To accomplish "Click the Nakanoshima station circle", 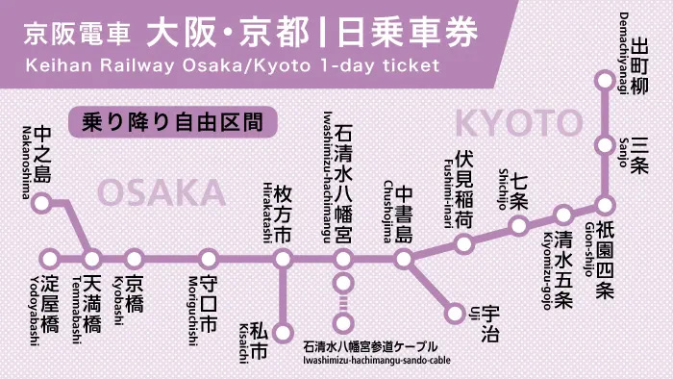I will pyautogui.click(x=41, y=203).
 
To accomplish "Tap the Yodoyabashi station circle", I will pyautogui.click(x=50, y=259).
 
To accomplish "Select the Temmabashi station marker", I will pyautogui.click(x=92, y=259).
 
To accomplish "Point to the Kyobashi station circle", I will pyautogui.click(x=135, y=259).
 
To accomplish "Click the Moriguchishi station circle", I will pyautogui.click(x=209, y=259).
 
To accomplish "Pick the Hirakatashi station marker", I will pyautogui.click(x=283, y=259).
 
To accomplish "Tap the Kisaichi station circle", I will pyautogui.click(x=283, y=333).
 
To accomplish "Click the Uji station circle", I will pyautogui.click(x=457, y=312).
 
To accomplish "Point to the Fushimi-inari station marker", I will pyautogui.click(x=464, y=243).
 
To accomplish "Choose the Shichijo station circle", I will pyautogui.click(x=519, y=227).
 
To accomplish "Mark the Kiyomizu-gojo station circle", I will pyautogui.click(x=563, y=215).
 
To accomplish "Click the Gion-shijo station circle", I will pyautogui.click(x=605, y=205).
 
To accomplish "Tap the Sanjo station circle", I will pyautogui.click(x=605, y=146).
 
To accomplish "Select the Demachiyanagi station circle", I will pyautogui.click(x=605, y=81).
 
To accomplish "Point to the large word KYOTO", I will pyautogui.click(x=519, y=123).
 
